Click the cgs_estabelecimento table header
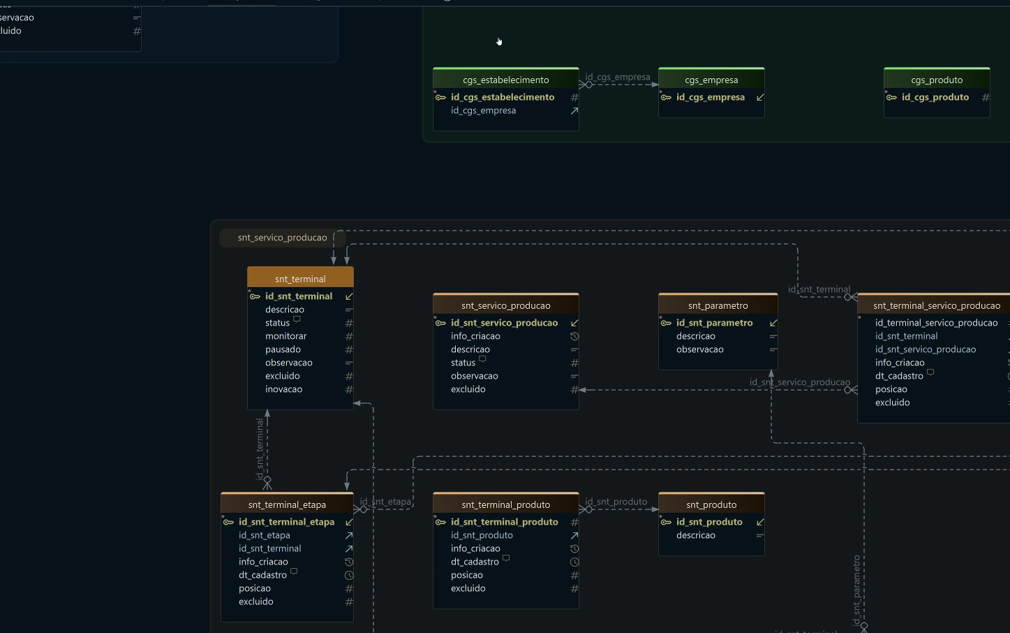click(505, 80)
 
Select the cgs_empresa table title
click(711, 80)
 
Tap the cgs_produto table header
click(937, 80)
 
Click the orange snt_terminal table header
click(300, 279)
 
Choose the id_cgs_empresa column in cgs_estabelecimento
click(483, 110)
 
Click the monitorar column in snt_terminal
click(285, 336)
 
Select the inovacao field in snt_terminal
click(283, 389)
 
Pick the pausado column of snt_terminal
click(283, 349)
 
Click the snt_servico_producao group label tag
click(282, 238)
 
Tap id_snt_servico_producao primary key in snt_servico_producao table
click(504, 323)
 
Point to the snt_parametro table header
click(718, 305)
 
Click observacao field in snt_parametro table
click(699, 349)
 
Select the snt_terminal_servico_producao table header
click(936, 305)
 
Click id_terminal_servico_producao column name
click(936, 323)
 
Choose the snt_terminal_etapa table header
click(287, 504)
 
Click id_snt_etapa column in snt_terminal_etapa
click(264, 535)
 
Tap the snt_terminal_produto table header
click(505, 504)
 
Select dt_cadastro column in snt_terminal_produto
click(475, 562)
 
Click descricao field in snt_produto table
click(695, 535)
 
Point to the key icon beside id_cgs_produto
click(891, 97)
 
